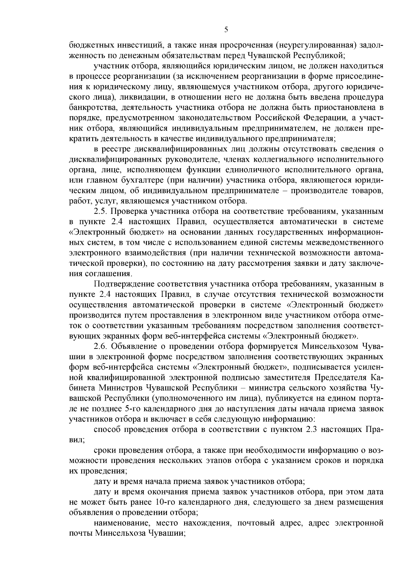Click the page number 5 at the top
[x=226, y=30]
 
